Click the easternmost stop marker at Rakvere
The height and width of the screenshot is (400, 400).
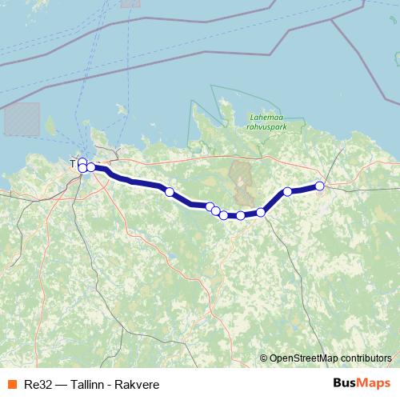[320, 186]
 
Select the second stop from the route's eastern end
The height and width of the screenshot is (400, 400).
[287, 192]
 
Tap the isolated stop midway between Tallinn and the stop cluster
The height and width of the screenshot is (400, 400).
[169, 192]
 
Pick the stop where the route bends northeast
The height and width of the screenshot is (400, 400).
[261, 212]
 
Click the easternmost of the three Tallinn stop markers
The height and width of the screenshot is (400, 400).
[91, 167]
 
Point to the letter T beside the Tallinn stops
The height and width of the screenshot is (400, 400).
[74, 164]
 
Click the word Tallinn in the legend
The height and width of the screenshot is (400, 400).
[88, 385]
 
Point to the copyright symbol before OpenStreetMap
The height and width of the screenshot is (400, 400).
[264, 358]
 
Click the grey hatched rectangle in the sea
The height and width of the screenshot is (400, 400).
[22, 118]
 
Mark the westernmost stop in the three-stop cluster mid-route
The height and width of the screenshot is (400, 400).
[210, 207]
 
